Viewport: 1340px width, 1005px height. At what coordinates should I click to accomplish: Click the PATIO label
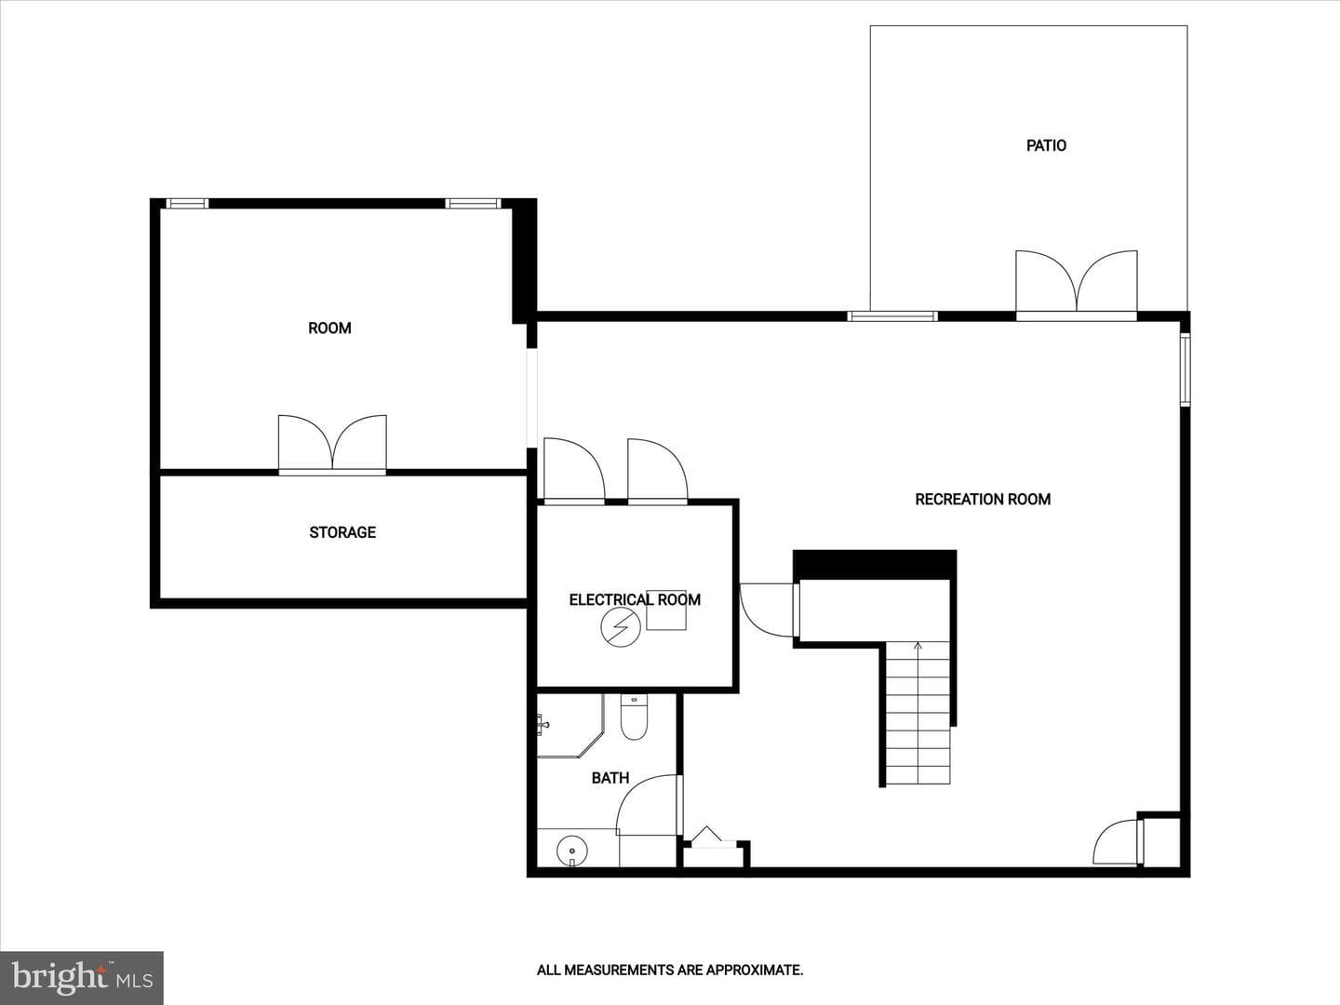[x=1046, y=145]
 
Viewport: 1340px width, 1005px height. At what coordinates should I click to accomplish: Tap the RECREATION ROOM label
[x=983, y=499]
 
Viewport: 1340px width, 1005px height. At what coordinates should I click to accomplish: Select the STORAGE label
[x=342, y=532]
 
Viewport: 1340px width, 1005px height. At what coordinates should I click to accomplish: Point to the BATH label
[x=610, y=777]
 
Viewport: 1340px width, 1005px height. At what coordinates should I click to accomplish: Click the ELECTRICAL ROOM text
[x=635, y=599]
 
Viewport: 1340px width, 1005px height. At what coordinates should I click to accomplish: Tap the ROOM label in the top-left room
[x=329, y=328]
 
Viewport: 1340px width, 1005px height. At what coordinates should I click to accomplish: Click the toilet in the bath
[x=634, y=717]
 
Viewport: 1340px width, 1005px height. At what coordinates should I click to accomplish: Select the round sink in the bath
[x=572, y=850]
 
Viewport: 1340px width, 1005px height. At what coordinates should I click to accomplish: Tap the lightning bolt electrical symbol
[x=621, y=627]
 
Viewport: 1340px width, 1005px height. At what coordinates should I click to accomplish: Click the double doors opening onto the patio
[x=1077, y=285]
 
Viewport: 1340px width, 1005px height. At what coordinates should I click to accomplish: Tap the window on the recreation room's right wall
[x=1185, y=369]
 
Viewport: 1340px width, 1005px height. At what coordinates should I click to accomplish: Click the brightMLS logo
[x=82, y=976]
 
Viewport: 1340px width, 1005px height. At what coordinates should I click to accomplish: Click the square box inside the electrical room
[x=666, y=610]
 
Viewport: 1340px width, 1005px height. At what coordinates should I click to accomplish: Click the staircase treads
[x=918, y=713]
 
